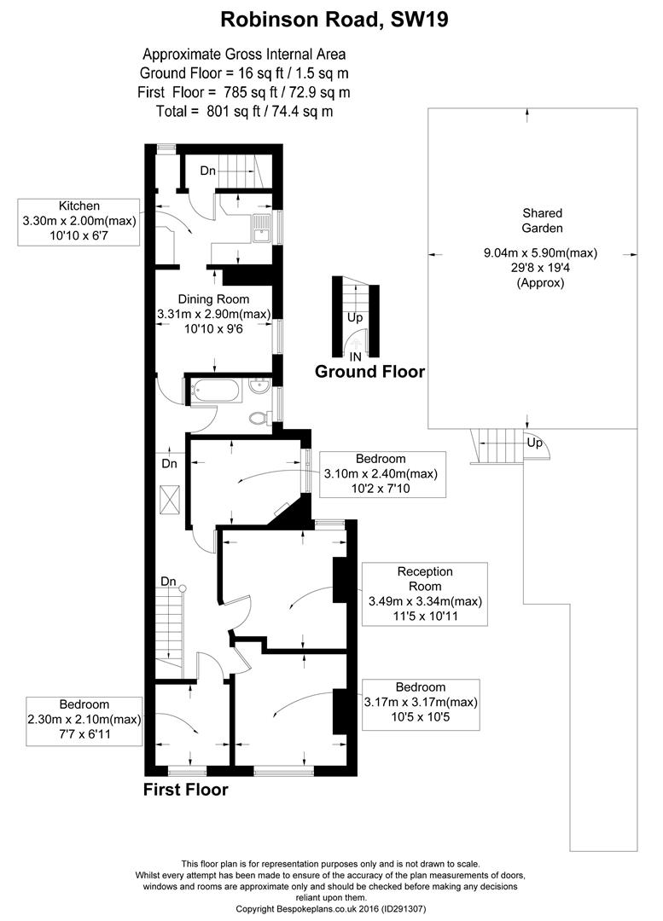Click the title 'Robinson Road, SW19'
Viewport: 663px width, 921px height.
334,20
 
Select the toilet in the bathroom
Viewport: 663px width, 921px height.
259,418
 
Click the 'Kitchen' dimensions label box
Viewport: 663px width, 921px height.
79,222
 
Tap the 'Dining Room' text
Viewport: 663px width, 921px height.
214,299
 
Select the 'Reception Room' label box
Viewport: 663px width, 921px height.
425,594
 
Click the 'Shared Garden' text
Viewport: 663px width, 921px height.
543,220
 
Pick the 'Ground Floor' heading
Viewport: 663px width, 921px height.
369,371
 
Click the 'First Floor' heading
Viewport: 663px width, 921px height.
186,790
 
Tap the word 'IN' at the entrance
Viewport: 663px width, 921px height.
356,356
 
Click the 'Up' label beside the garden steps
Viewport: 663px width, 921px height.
534,443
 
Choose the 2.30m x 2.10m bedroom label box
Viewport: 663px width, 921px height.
84,721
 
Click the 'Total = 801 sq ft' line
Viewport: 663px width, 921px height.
245,111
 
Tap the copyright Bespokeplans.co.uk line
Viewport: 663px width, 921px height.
331,909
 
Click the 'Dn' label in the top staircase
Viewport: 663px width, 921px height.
208,171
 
